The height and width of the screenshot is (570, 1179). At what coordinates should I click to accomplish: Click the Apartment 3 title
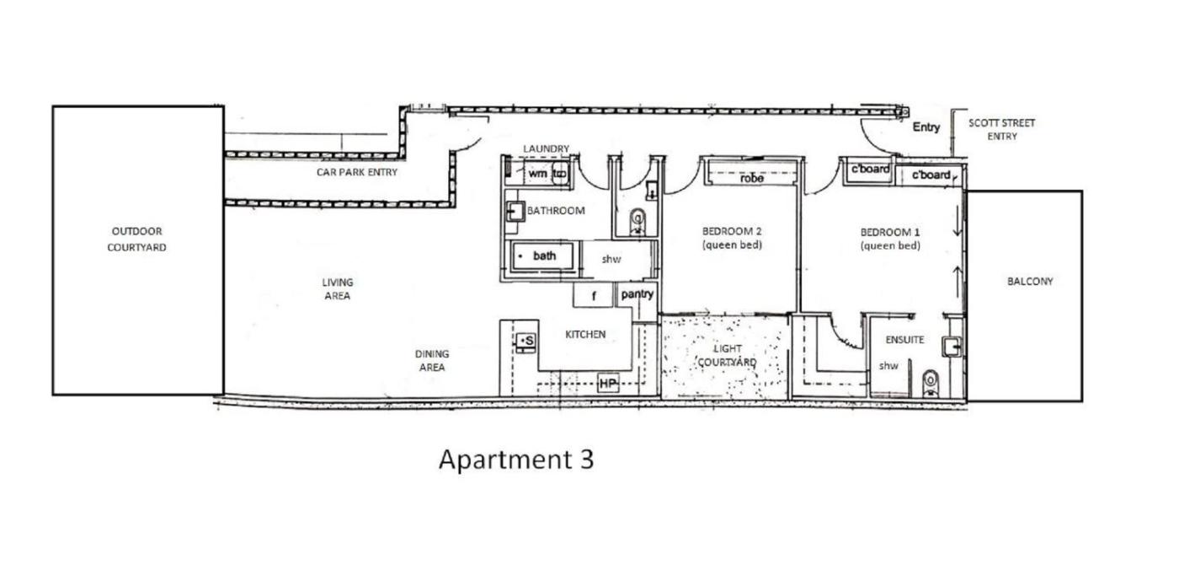tap(516, 460)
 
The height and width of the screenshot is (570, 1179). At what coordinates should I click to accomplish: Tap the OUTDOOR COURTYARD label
tap(136, 239)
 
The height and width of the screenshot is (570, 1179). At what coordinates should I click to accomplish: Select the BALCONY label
tap(1030, 282)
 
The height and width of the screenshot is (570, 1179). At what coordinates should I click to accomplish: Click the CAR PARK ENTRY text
tap(357, 172)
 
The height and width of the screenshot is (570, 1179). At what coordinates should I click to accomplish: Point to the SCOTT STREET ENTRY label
tap(1001, 130)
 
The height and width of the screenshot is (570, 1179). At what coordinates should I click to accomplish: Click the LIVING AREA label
tap(338, 288)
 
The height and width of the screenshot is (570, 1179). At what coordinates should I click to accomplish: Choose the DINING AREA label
tap(432, 360)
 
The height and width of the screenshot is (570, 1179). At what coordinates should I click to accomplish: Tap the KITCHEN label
tap(585, 335)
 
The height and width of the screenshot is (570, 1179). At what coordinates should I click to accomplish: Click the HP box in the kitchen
tap(608, 383)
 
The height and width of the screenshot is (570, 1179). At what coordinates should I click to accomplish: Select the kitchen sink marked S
tap(525, 341)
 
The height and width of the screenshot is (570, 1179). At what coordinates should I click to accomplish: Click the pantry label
tap(637, 294)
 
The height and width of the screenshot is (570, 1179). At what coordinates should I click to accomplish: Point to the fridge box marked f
tap(593, 295)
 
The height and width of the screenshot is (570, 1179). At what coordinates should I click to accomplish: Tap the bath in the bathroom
tap(541, 256)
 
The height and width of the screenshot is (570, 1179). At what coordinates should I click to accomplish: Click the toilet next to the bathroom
tap(638, 221)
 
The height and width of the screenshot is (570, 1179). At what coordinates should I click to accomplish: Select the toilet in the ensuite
tap(931, 383)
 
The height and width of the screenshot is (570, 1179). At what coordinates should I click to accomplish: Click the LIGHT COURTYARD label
tap(728, 356)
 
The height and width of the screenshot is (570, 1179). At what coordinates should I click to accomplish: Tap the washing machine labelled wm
tap(536, 174)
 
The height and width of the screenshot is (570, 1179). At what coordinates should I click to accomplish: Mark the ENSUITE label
tap(904, 340)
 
